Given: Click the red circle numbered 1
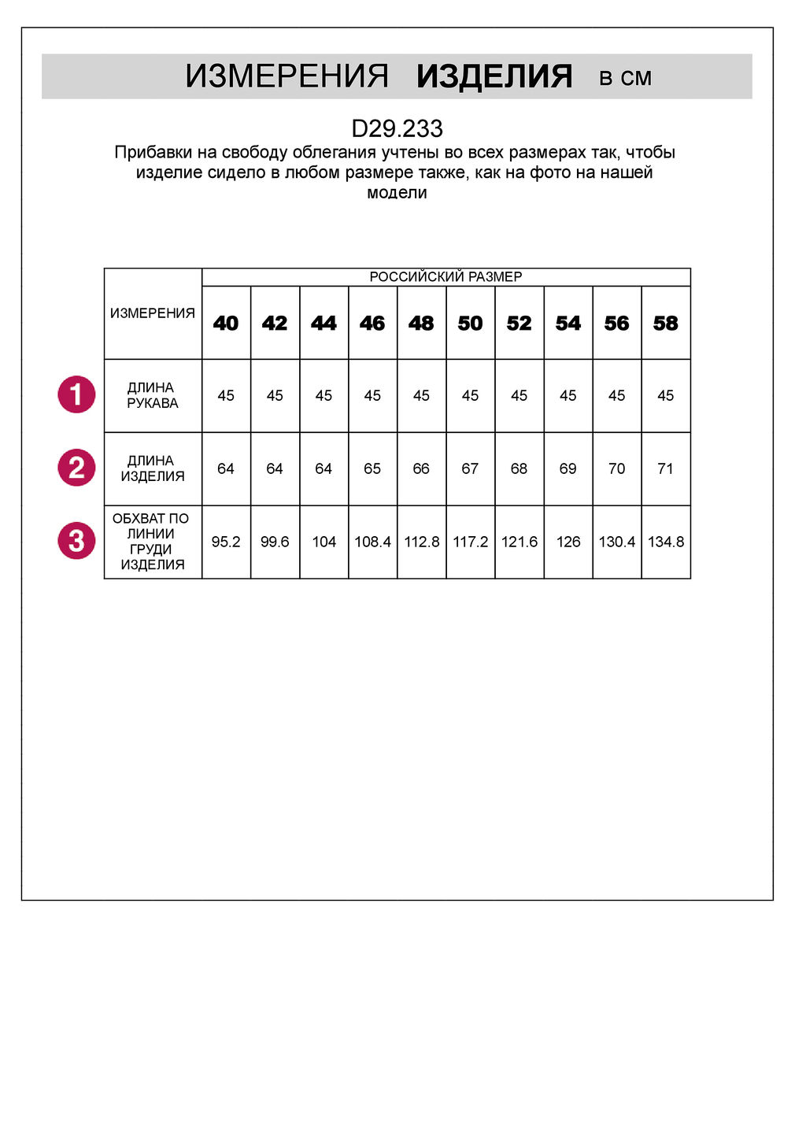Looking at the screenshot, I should [76, 394].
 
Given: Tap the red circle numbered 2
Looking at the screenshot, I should [76, 468].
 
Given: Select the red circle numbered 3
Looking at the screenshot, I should [76, 541].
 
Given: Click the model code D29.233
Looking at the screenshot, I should [397, 128].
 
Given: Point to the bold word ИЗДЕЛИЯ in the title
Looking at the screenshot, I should [494, 76].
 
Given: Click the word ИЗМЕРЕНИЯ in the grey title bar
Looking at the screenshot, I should [287, 76].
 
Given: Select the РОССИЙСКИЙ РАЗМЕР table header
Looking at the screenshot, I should [446, 276].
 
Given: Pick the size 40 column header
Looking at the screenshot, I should [226, 323].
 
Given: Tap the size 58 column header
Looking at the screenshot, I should [666, 323].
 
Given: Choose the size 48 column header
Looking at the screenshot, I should [421, 323].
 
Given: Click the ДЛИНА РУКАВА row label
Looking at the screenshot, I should [153, 395].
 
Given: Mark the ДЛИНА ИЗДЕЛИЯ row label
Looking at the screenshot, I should [153, 468].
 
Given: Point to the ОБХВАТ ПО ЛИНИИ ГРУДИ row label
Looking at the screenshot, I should [153, 542].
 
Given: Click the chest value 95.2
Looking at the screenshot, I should [226, 542].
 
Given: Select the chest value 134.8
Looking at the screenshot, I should [666, 542].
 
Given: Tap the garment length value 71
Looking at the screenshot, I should [666, 468].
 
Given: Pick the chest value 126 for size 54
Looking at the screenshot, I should [568, 542].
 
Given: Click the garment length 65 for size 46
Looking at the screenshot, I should [372, 468].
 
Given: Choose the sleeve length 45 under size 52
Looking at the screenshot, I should [519, 395].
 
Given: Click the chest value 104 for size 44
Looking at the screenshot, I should [324, 542].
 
